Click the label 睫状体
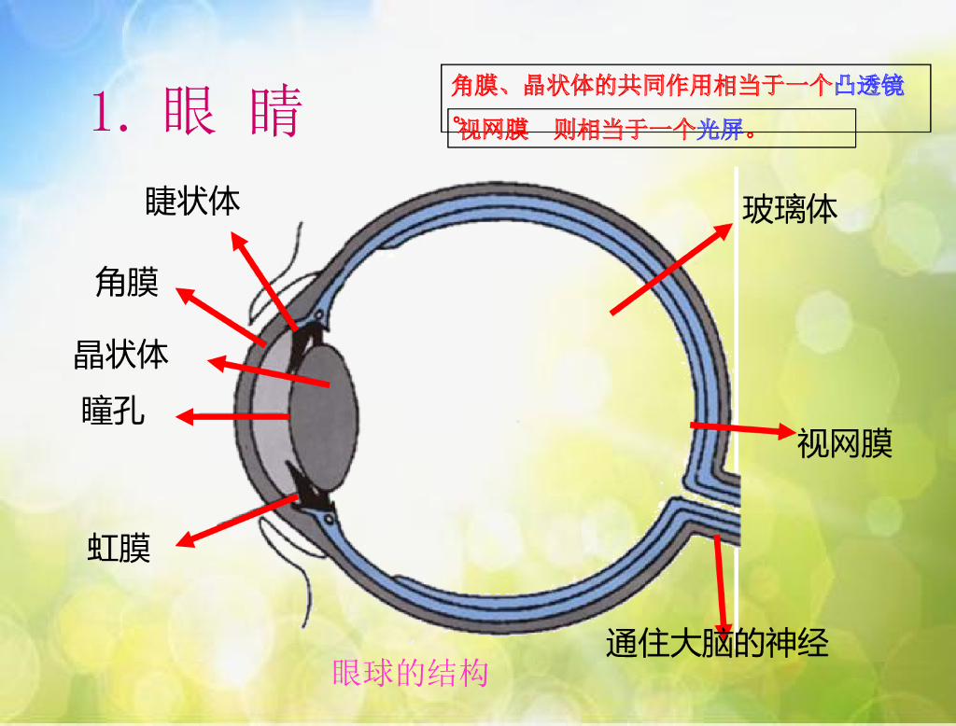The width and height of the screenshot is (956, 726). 192,202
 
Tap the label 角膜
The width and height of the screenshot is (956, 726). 127,282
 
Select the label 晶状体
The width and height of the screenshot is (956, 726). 121,355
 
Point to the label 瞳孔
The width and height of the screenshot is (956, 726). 114,411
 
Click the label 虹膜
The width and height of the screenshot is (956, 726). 119,548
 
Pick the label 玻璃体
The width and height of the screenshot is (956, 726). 790,210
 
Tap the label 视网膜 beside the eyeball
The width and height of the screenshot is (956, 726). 845,443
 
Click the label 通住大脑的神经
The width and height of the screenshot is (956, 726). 717,643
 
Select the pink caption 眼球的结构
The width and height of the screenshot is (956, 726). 411,673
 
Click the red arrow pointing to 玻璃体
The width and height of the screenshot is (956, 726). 670,269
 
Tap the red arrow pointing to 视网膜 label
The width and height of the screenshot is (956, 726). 742,428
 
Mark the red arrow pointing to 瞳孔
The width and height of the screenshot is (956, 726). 233,416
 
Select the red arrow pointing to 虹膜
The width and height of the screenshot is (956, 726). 238,521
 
